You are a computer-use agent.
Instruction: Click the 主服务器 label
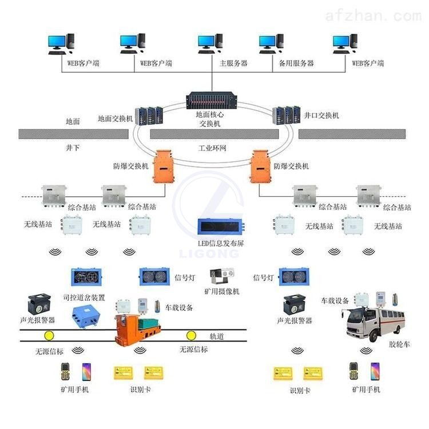233,63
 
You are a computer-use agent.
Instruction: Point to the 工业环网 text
212,149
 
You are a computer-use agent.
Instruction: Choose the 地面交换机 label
116,119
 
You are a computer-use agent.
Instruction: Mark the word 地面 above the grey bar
73,122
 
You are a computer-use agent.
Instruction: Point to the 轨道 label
217,336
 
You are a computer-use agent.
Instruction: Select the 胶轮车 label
399,344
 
